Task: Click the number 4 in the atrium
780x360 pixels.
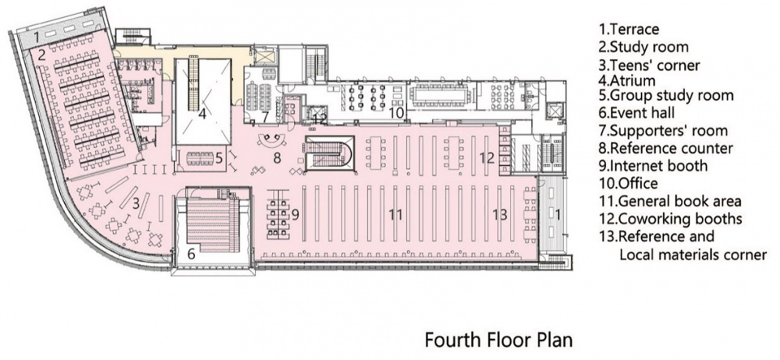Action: coord(202,115)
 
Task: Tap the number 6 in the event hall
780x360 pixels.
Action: coord(192,254)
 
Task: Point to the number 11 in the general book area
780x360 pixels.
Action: coord(396,215)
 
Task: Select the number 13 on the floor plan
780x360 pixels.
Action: coord(500,215)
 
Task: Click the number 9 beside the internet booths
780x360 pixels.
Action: coord(295,215)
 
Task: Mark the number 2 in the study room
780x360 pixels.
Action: coord(41,54)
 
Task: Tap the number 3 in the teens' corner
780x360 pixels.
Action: coord(136,202)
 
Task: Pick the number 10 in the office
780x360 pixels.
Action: coord(396,113)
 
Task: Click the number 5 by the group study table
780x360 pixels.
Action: coord(218,158)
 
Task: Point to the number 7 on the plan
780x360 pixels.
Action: coord(266,117)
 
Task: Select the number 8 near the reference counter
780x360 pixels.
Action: coord(278,158)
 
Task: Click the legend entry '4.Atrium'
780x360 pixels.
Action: coord(626,80)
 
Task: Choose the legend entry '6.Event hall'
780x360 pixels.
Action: coord(636,113)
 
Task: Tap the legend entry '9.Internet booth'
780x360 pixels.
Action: coord(652,165)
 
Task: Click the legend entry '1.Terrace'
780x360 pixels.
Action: coord(629,29)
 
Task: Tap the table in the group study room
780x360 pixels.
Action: coord(200,158)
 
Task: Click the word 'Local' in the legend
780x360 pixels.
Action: coord(635,254)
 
